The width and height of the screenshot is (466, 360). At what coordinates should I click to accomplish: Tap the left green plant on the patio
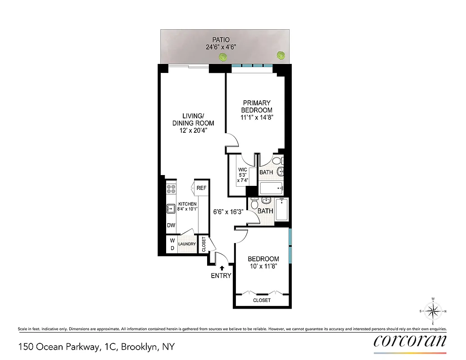pyautogui.click(x=222, y=57)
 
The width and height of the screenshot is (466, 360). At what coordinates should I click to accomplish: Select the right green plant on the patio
pyautogui.click(x=281, y=55)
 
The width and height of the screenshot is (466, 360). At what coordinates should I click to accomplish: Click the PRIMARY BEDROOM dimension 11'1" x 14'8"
pyautogui.click(x=257, y=117)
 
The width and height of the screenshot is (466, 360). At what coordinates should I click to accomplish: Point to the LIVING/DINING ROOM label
pyautogui.click(x=193, y=119)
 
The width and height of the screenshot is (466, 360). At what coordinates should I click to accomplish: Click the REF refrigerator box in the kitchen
pyautogui.click(x=201, y=188)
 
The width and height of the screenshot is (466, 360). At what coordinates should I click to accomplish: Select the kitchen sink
pyautogui.click(x=171, y=208)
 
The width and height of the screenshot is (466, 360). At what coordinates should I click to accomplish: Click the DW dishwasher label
pyautogui.click(x=171, y=225)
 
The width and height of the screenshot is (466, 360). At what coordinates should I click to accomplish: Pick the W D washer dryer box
pyautogui.click(x=172, y=244)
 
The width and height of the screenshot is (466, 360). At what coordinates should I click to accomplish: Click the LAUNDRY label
pyautogui.click(x=187, y=244)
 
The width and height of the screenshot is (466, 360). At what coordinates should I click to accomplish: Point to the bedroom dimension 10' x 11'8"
pyautogui.click(x=263, y=266)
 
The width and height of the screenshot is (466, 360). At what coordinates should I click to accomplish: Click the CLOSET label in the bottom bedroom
pyautogui.click(x=262, y=300)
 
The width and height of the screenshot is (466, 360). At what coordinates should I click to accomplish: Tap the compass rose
pyautogui.click(x=433, y=311)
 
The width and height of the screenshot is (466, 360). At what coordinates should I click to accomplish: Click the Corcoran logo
pyautogui.click(x=410, y=341)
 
